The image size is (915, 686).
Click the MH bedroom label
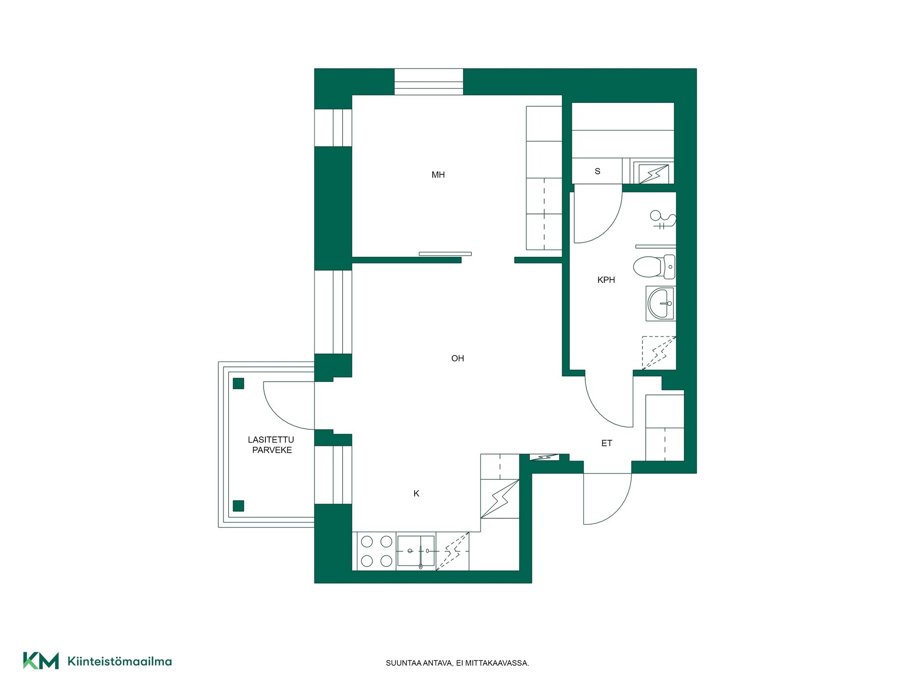pyautogui.click(x=438, y=175)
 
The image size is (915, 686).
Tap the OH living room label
pyautogui.click(x=457, y=358)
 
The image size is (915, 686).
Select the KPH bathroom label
pyautogui.click(x=606, y=280)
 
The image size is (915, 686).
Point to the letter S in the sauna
pyautogui.click(x=598, y=171)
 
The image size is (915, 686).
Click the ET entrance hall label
pyautogui.click(x=607, y=444)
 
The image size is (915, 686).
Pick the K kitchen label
pyautogui.click(x=417, y=494)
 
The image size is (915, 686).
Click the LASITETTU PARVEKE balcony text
pyautogui.click(x=271, y=445)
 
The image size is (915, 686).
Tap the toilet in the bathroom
pyautogui.click(x=654, y=267)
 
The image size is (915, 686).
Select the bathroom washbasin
pyautogui.click(x=661, y=303)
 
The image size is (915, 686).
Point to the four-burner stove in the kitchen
pyautogui.click(x=376, y=551)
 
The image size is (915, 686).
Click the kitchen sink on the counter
pyautogui.click(x=416, y=551)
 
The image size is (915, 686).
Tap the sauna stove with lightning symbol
pyautogui.click(x=653, y=174)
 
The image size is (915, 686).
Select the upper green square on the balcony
pyautogui.click(x=238, y=383)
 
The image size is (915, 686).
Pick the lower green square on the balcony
pyautogui.click(x=238, y=505)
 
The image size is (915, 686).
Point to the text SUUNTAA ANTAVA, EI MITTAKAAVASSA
pyautogui.click(x=457, y=663)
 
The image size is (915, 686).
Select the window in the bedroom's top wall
pyautogui.click(x=428, y=82)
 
